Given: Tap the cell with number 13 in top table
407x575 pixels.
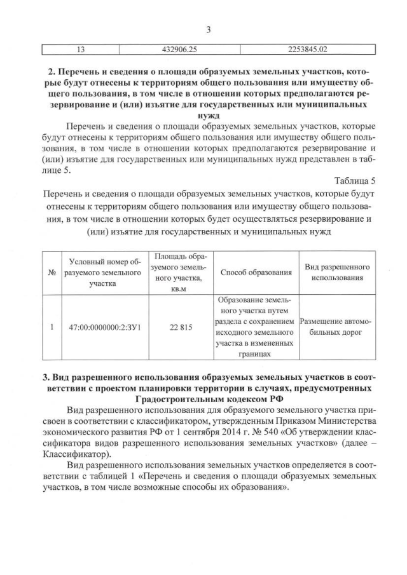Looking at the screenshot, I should (x=80, y=48).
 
